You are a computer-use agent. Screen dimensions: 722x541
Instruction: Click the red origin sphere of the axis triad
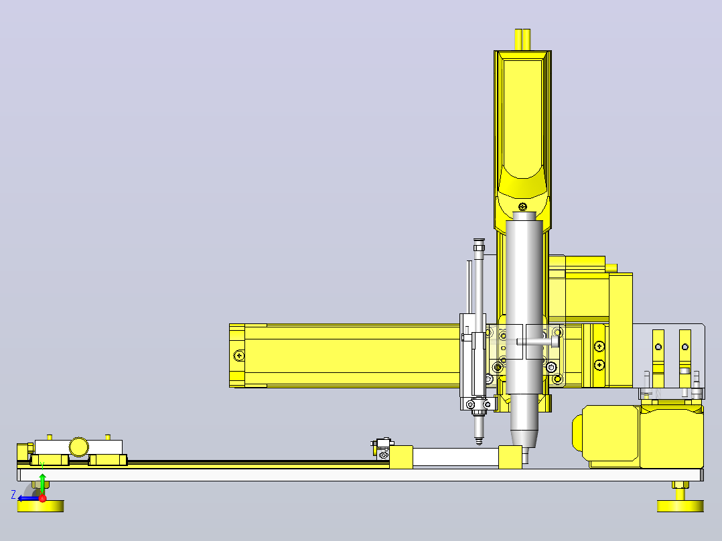coord(42,499)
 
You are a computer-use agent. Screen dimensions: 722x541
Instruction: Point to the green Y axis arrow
coord(42,484)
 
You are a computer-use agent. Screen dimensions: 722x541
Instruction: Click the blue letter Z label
coord(13,495)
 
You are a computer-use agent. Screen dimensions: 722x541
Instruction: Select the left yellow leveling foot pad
coord(40,506)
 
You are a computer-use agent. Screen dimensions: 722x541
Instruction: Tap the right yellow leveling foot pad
coord(680,506)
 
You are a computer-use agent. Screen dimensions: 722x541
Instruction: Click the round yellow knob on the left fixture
coord(79,447)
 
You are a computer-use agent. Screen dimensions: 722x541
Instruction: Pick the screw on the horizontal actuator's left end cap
coord(239,356)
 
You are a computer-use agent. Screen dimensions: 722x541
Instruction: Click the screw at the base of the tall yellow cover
coord(522,207)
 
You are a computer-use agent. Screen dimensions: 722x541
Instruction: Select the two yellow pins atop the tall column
coord(522,40)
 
